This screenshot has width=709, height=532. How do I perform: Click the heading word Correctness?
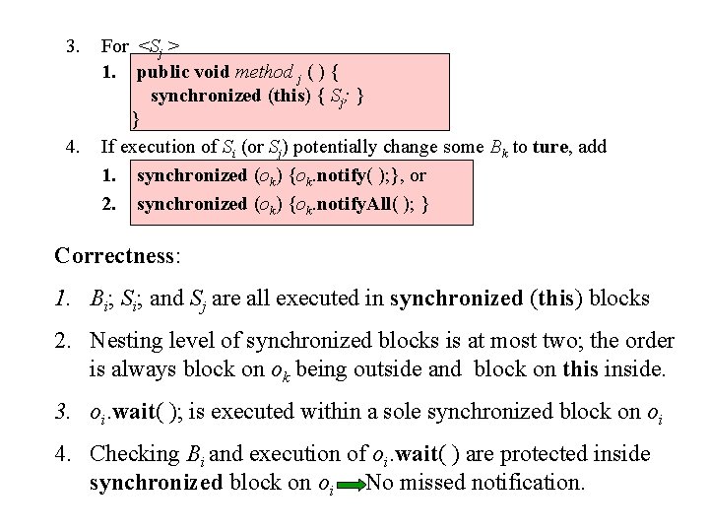point(113,255)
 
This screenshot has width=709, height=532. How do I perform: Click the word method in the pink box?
point(265,72)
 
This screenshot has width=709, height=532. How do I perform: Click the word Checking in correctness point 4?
point(133,454)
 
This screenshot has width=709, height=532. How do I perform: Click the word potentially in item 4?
point(338,147)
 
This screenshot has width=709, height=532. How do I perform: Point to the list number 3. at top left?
point(71,45)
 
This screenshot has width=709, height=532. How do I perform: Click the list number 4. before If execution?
point(71,147)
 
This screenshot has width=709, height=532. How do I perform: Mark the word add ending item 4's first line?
point(592,147)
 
